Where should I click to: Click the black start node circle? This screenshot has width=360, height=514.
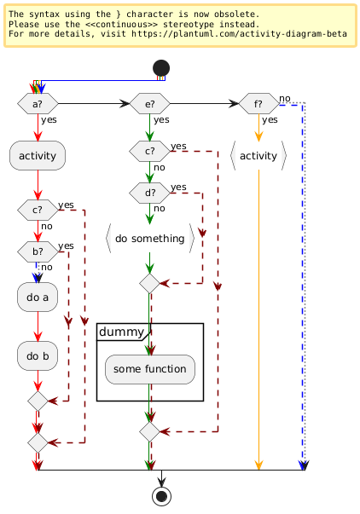pos(161,68)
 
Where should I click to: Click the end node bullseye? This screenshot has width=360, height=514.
pos(161,496)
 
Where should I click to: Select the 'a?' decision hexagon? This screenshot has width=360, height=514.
pos(38,104)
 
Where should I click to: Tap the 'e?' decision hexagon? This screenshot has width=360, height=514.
pos(149,104)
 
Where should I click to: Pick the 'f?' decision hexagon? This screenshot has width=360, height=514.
pos(258,104)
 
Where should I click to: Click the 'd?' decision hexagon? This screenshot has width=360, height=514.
pos(149,193)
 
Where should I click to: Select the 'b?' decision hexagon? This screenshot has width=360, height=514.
pos(38,251)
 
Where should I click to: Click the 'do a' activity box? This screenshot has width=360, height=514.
pos(38,297)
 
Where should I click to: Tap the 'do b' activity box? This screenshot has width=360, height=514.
pos(38,356)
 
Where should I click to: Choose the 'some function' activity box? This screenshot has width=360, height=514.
pos(150,369)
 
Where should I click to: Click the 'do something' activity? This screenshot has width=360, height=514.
pos(150,239)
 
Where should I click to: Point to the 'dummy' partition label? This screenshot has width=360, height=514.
pos(121,332)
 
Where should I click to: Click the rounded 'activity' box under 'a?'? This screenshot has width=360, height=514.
pos(38,156)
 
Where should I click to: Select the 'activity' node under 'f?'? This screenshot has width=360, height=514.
pos(258,156)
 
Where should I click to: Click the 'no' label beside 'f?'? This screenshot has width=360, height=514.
pos(285,98)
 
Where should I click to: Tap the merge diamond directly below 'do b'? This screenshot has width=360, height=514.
pos(38,401)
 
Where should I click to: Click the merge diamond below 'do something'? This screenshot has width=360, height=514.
pos(149,284)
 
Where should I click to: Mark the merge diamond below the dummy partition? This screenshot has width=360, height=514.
pos(149,431)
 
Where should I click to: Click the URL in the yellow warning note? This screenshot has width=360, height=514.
pos(239,34)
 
